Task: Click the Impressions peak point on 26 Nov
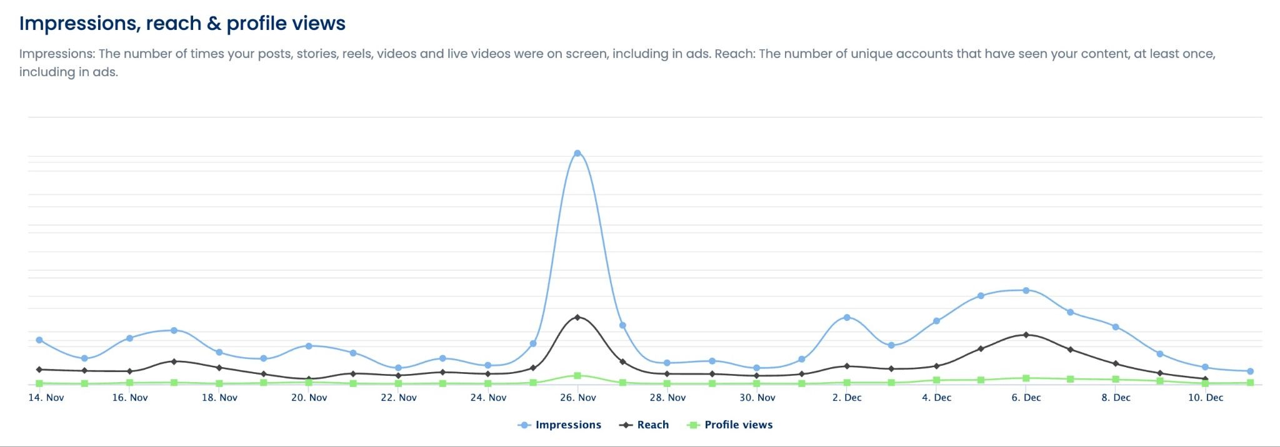click(x=577, y=153)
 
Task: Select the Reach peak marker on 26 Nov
click(x=577, y=317)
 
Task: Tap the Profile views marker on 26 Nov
click(x=577, y=376)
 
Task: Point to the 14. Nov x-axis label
click(x=46, y=398)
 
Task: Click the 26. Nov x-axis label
click(x=578, y=398)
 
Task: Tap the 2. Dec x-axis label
click(x=847, y=398)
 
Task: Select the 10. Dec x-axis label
click(x=1206, y=398)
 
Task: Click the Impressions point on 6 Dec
click(x=1026, y=290)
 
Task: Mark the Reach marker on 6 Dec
click(x=1026, y=335)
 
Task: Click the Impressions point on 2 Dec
click(x=847, y=317)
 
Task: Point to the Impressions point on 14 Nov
click(x=39, y=340)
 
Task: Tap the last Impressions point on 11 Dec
click(x=1250, y=371)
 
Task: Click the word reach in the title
click(x=174, y=24)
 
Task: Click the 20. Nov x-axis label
click(x=309, y=398)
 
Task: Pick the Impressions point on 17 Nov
click(x=174, y=330)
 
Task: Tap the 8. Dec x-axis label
click(x=1116, y=398)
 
